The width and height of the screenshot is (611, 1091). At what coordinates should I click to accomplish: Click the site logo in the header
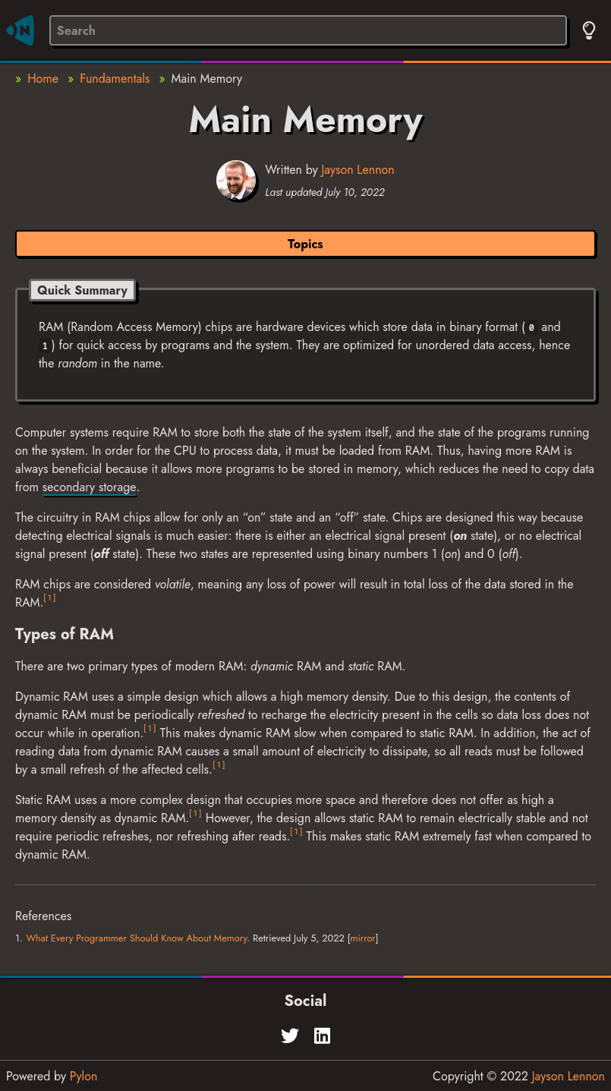click(20, 30)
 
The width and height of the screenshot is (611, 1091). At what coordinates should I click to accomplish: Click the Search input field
click(307, 30)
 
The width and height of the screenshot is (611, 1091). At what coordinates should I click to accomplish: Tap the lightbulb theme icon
click(589, 30)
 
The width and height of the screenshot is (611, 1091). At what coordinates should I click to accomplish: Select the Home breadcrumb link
click(43, 79)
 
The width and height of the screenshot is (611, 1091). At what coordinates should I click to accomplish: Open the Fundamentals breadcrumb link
click(115, 79)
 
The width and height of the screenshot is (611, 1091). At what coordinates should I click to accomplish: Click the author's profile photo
click(236, 180)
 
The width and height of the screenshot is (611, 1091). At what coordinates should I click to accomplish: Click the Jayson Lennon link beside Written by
click(357, 170)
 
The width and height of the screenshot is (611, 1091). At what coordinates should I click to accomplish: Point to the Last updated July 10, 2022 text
click(325, 192)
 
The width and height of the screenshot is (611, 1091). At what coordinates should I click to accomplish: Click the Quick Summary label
click(82, 290)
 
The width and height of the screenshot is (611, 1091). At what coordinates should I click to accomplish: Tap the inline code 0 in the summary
click(531, 328)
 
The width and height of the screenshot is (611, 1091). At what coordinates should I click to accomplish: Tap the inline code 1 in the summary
click(45, 346)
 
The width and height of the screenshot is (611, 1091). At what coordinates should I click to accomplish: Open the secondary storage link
click(90, 487)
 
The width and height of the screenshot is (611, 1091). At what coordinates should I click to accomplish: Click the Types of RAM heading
click(65, 634)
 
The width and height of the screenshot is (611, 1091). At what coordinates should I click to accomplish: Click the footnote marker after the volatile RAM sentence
click(49, 598)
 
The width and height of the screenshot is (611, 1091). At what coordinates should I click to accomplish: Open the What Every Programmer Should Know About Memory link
click(137, 938)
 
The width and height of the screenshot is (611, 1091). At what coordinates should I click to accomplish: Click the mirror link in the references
click(363, 938)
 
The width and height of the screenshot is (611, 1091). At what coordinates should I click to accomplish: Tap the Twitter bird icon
click(290, 1036)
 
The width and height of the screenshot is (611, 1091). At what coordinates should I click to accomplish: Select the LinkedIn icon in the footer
click(323, 1036)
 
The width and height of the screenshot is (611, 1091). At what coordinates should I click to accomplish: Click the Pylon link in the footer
click(83, 1076)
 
